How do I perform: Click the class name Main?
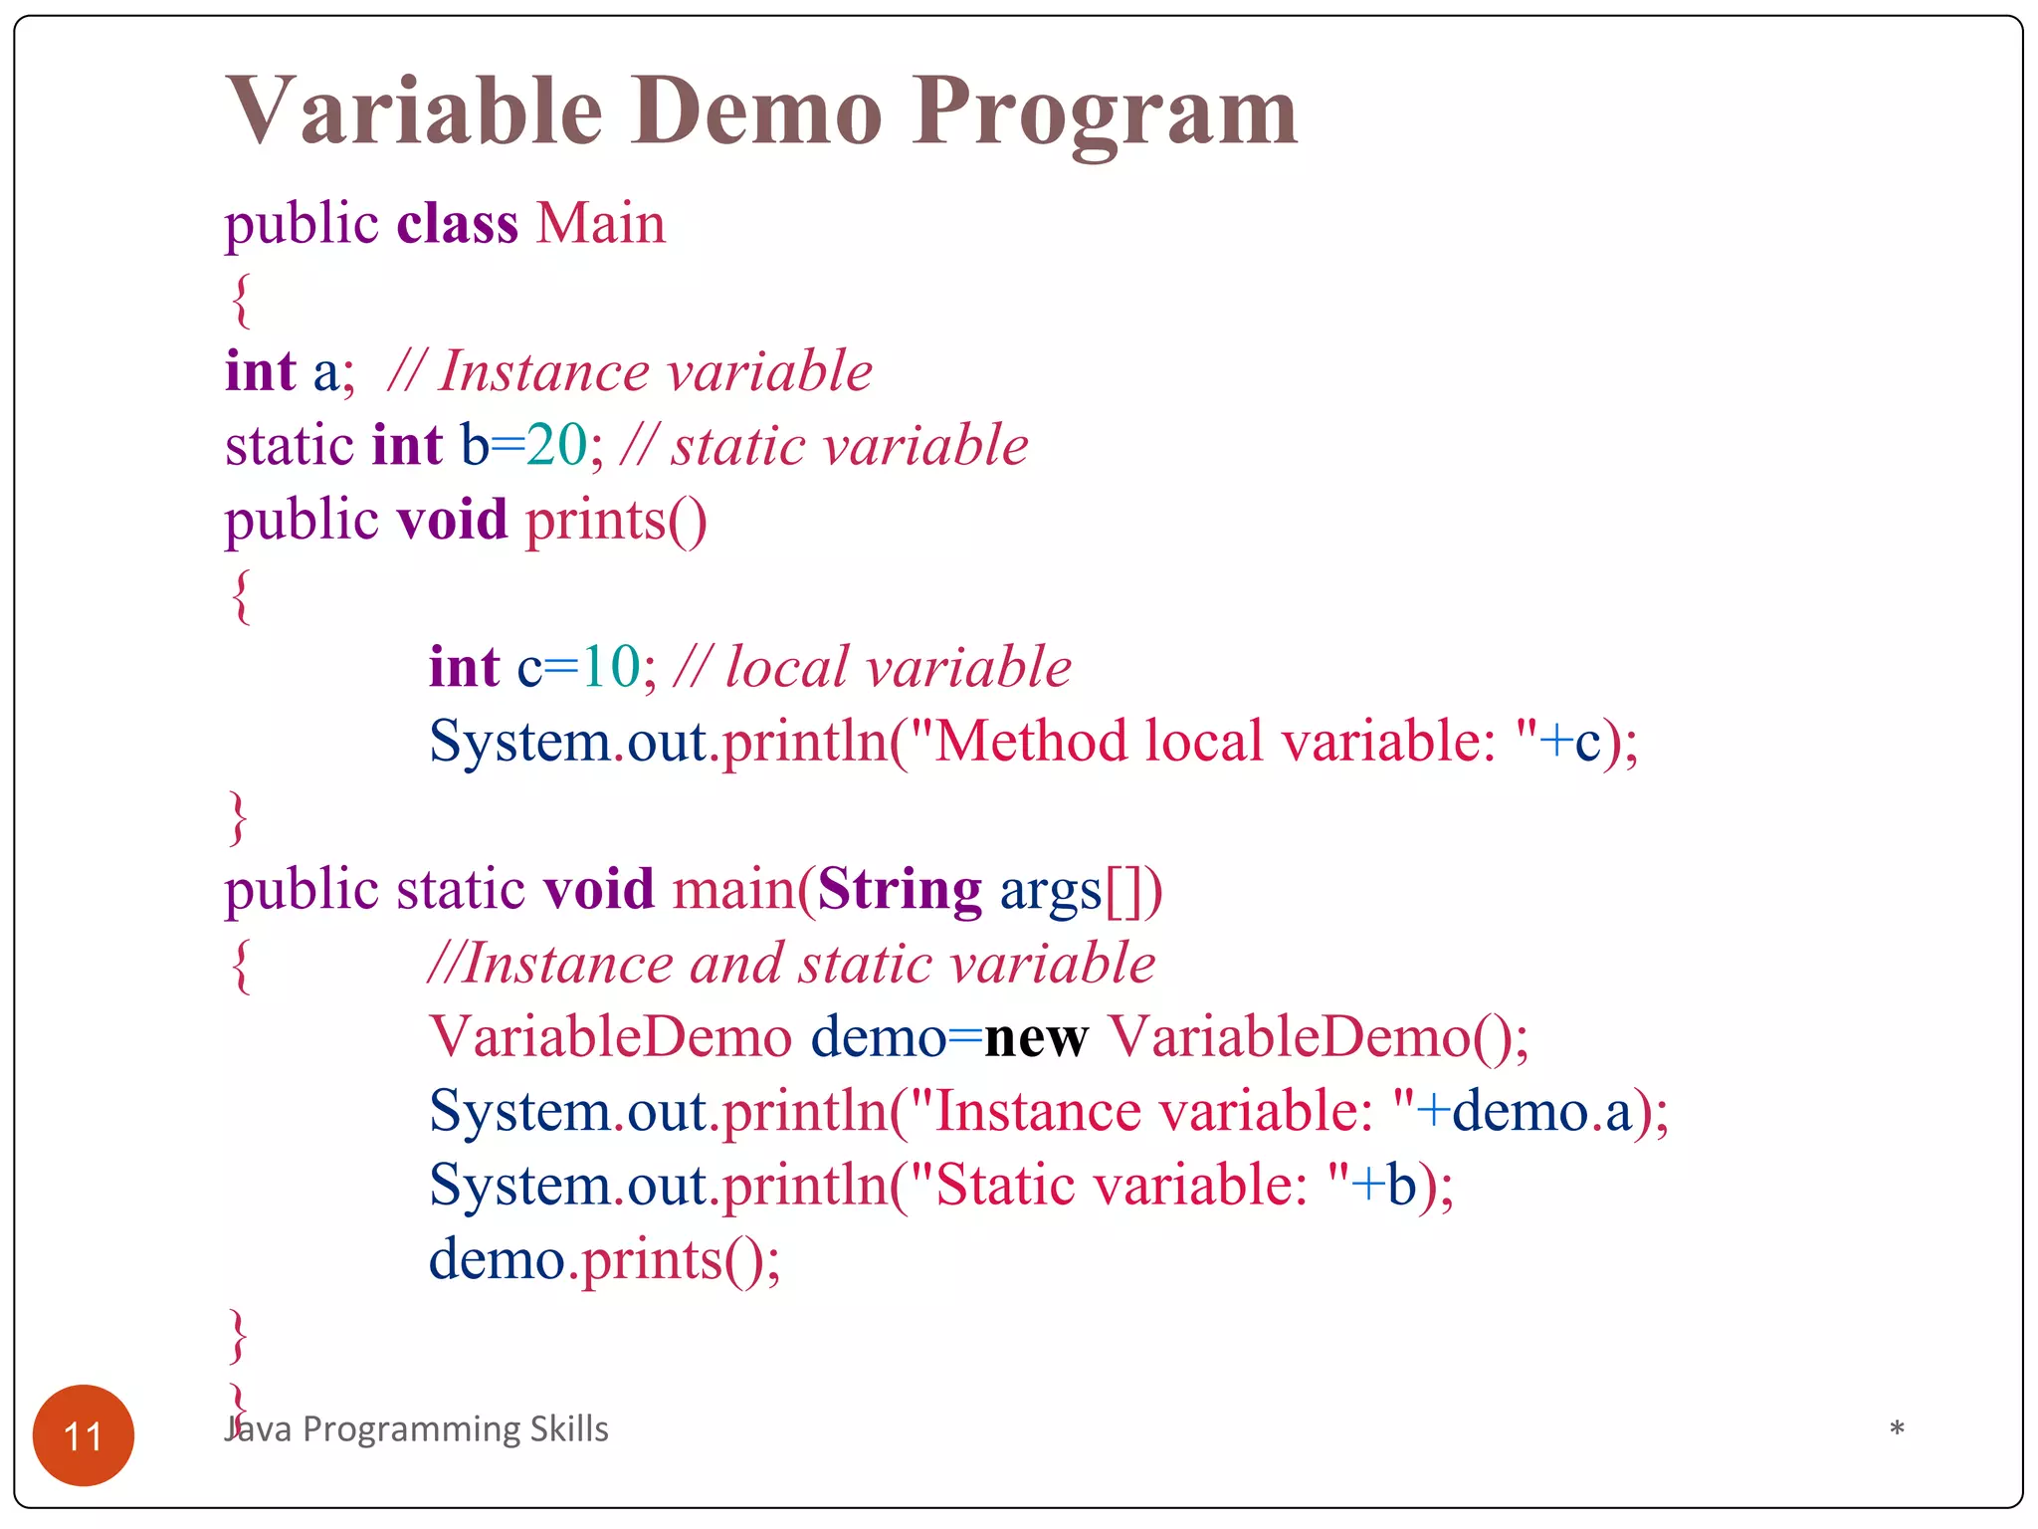[600, 223]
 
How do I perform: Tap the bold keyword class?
[457, 223]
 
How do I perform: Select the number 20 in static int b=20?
[556, 445]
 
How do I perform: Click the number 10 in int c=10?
[610, 667]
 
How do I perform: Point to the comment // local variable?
[872, 667]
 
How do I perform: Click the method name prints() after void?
[615, 520]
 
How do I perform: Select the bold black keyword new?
[1035, 1037]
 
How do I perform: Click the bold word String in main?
[899, 889]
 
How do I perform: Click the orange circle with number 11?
[84, 1434]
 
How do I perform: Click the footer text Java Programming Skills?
[417, 1428]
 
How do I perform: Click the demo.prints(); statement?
[604, 1259]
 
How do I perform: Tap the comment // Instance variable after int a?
[629, 371]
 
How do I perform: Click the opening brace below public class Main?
[240, 299]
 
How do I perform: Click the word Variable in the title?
[414, 111]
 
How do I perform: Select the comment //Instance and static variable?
[791, 964]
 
